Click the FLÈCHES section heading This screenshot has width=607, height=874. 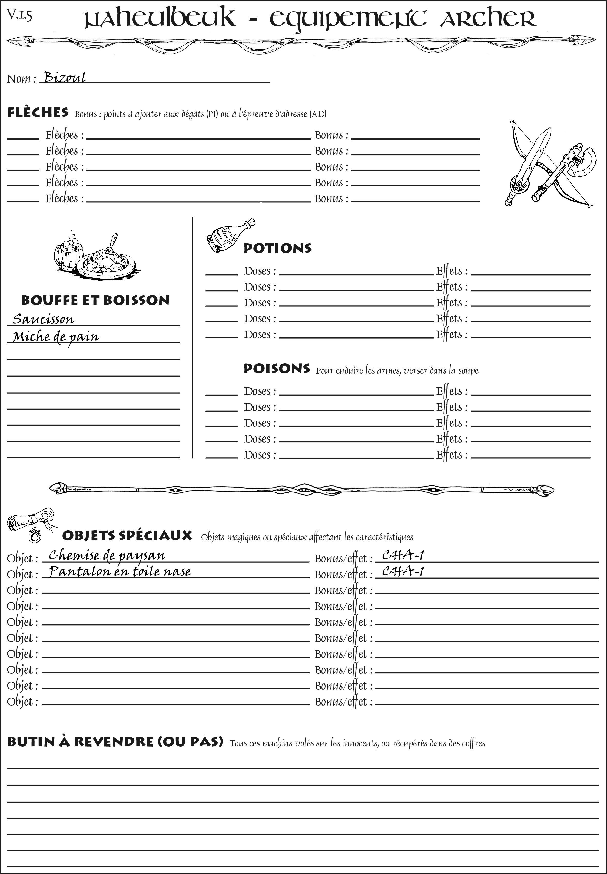[x=38, y=113]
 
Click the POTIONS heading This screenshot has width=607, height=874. [x=277, y=248]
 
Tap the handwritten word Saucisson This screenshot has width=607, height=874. [x=43, y=319]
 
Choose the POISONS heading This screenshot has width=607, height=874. [x=276, y=369]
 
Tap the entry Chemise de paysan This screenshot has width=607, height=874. [x=107, y=556]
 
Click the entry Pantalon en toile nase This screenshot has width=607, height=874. [x=120, y=572]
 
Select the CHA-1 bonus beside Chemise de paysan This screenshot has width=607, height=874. [x=403, y=556]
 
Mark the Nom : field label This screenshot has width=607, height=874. [x=21, y=79]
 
